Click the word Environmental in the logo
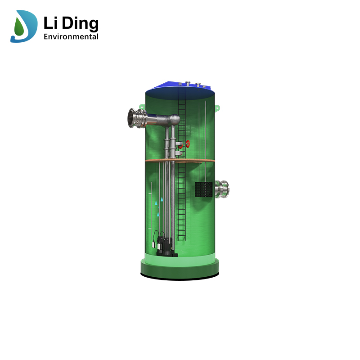71,36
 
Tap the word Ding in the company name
81,23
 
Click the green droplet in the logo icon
19,28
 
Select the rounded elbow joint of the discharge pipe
174,120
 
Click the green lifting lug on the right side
217,108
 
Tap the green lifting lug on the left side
142,107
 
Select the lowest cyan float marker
158,215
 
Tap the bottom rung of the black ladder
181,238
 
